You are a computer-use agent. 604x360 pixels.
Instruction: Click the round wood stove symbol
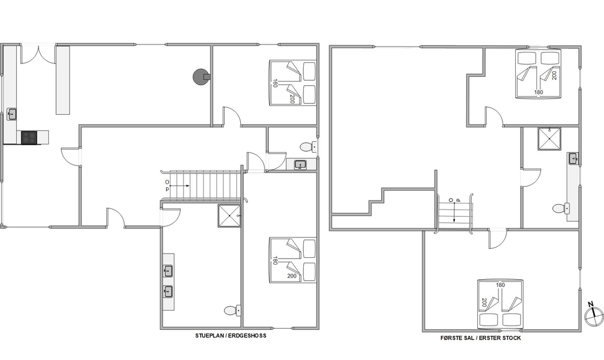coord(200,77)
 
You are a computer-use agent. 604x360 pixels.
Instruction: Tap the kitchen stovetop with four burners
coord(29,138)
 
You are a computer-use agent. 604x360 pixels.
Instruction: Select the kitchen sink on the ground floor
coord(12,114)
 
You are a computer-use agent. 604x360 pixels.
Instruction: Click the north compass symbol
coord(593,315)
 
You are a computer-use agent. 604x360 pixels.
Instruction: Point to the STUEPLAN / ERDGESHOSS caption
coord(230,336)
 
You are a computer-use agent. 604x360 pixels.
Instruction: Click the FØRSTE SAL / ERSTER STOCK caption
coord(480,338)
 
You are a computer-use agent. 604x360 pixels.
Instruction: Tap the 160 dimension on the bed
coord(275,83)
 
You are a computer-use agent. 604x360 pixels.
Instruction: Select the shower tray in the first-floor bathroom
coord(549,138)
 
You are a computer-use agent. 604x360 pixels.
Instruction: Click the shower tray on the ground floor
coord(229,216)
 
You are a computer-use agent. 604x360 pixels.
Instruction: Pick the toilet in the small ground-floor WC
coord(308,147)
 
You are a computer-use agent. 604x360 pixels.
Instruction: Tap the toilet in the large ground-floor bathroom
coord(233,310)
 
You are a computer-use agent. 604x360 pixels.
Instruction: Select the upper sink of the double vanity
coord(168,271)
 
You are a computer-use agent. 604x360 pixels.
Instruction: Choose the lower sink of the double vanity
coord(168,292)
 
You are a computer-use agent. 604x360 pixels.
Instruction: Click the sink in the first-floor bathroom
coord(574,158)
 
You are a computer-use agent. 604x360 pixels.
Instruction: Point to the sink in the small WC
coord(300,165)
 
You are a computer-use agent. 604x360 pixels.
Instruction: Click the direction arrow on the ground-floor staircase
coord(179,186)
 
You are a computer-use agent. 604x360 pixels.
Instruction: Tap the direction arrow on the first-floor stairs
coord(455,213)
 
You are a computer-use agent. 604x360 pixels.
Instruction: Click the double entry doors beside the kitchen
coord(39,54)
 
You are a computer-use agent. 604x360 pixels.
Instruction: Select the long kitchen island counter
coord(63,80)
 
